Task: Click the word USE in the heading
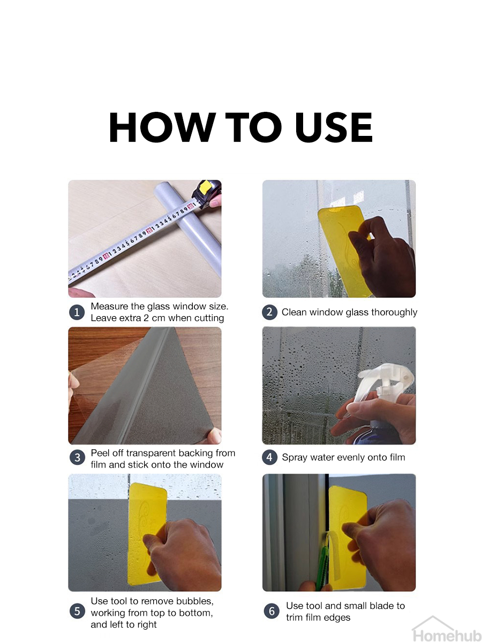(334, 127)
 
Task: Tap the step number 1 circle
(77, 312)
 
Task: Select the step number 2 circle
(269, 312)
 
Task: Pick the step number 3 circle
(77, 457)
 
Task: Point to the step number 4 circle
(269, 457)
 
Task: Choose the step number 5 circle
(77, 611)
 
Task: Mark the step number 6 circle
(272, 611)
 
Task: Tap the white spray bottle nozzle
(383, 380)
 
